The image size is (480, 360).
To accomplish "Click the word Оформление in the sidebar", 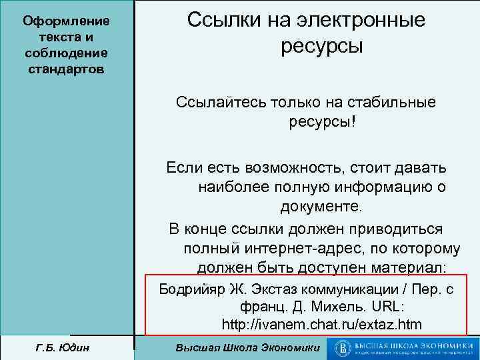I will (66, 21).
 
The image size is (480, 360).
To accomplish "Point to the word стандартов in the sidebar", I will (66, 69).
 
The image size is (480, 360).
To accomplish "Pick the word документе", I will (321, 205).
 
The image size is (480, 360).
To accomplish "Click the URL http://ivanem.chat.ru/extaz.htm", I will (321, 325).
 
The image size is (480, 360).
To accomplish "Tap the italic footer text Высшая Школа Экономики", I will (247, 348).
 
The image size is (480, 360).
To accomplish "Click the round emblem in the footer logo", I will (343, 348).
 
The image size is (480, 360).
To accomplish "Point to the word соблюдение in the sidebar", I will (66, 53).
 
